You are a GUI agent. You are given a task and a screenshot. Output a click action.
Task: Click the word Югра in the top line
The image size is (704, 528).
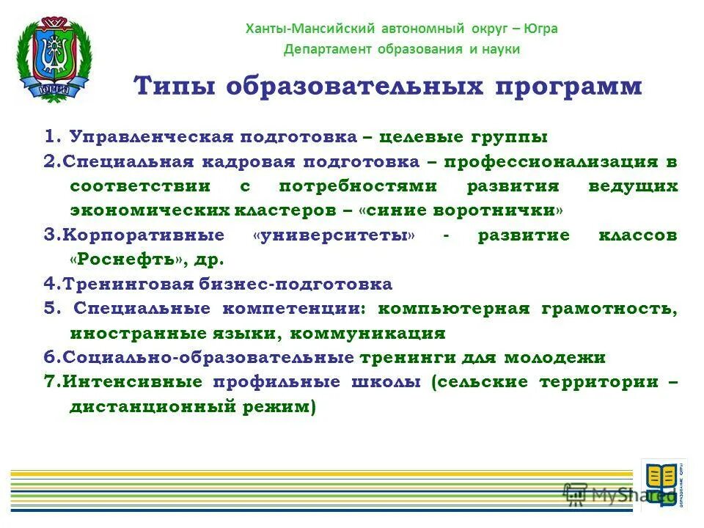click(540, 29)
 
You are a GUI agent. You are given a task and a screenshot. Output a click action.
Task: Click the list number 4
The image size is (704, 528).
click(48, 285)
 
